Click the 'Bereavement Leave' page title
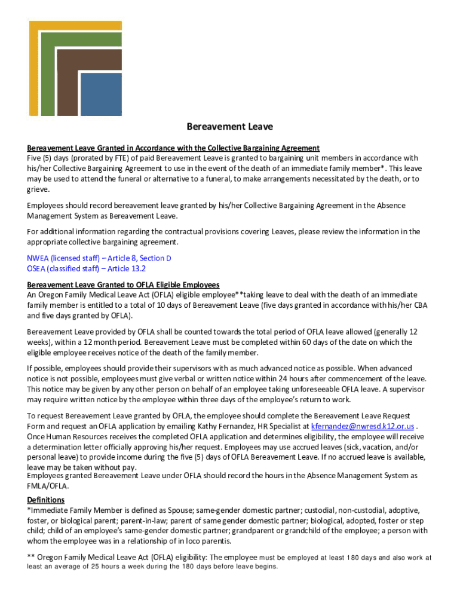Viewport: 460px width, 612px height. click(x=230, y=127)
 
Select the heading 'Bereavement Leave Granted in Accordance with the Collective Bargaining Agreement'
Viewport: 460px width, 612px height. click(x=173, y=148)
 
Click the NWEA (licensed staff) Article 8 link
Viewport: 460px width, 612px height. click(x=99, y=258)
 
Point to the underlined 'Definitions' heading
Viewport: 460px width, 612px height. click(x=46, y=500)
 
